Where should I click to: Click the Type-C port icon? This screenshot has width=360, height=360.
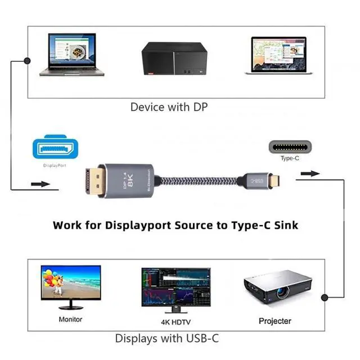click(x=289, y=147)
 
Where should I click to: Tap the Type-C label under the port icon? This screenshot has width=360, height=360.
click(x=289, y=158)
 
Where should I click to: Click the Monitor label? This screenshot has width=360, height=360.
click(x=70, y=319)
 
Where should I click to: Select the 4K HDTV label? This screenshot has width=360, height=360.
click(x=176, y=322)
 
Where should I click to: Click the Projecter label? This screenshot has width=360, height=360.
click(x=275, y=321)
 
